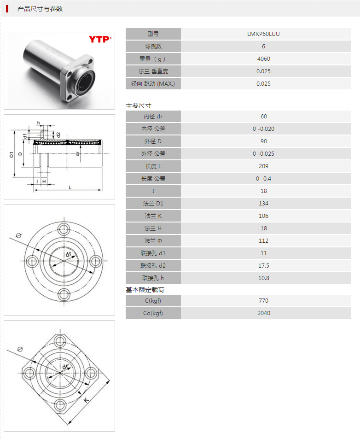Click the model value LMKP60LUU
click(x=263, y=34)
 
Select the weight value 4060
click(x=263, y=59)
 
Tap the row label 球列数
click(x=153, y=47)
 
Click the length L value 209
click(x=263, y=166)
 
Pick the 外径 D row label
click(x=153, y=141)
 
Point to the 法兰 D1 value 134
click(x=263, y=204)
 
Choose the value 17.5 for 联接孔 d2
click(x=263, y=266)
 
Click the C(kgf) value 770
click(x=263, y=301)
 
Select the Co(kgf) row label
click(x=153, y=313)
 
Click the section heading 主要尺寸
click(x=139, y=105)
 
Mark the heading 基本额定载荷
click(x=145, y=290)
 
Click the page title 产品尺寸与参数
click(x=40, y=9)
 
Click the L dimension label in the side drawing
click(x=70, y=187)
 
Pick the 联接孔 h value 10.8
click(x=263, y=278)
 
